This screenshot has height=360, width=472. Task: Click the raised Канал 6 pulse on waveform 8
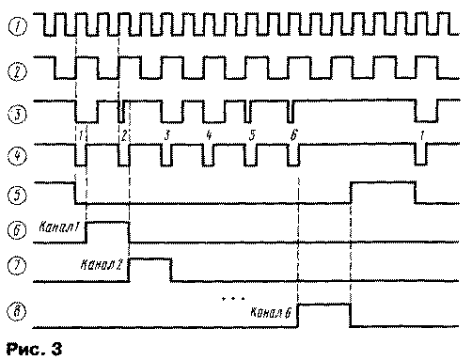(323, 305)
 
